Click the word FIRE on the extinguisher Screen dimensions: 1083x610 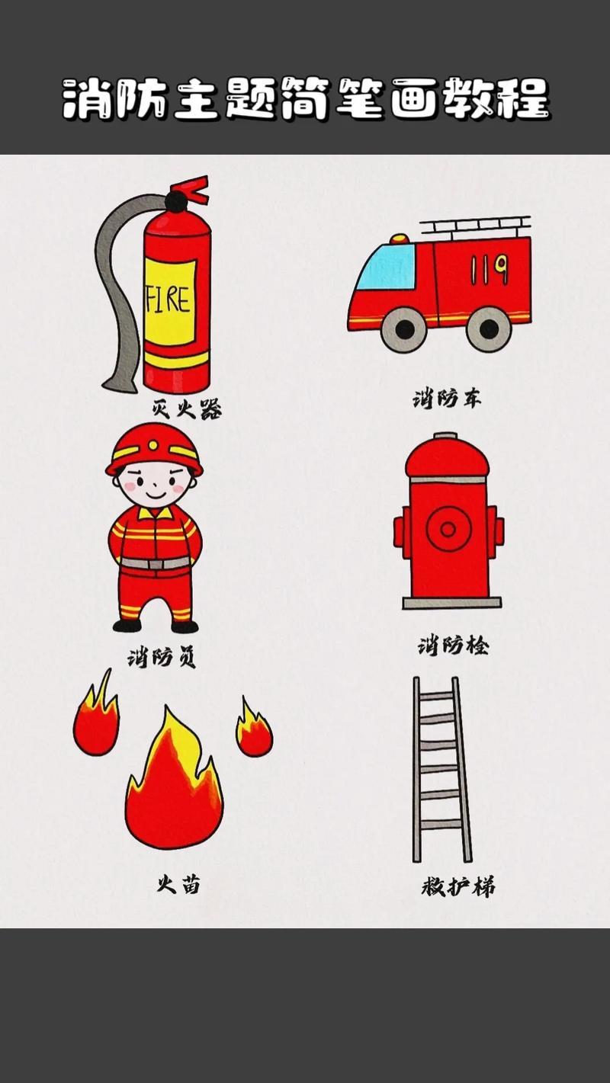pyautogui.click(x=169, y=299)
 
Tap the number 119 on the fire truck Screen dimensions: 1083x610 pyautogui.click(x=489, y=268)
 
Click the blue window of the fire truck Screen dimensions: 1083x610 pyautogui.click(x=386, y=267)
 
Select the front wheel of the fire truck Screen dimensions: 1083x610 pyautogui.click(x=404, y=328)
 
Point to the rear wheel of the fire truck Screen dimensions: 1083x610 pyautogui.click(x=488, y=328)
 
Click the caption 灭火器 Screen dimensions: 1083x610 pyautogui.click(x=188, y=410)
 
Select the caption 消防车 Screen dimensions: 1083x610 pyautogui.click(x=447, y=398)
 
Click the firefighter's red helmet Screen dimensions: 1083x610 pyautogui.click(x=154, y=447)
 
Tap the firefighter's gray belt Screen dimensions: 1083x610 pyautogui.click(x=155, y=563)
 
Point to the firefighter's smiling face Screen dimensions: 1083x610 pyautogui.click(x=155, y=484)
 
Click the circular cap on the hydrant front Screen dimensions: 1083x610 pyautogui.click(x=448, y=528)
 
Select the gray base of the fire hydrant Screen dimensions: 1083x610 pyautogui.click(x=451, y=603)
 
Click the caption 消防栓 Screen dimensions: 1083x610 pyautogui.click(x=453, y=646)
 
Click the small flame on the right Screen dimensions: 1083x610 pyautogui.click(x=254, y=732)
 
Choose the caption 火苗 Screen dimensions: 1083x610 pyautogui.click(x=179, y=884)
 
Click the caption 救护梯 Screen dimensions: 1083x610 pyautogui.click(x=458, y=887)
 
